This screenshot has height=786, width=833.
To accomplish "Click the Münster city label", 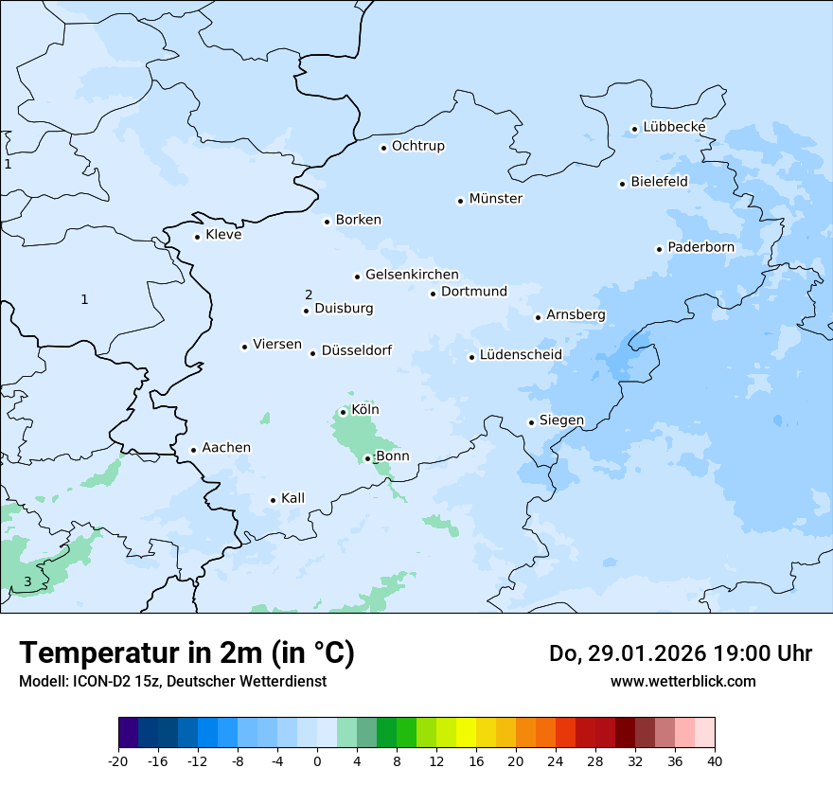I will click(495, 199).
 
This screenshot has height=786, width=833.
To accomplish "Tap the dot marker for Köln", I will click(343, 412).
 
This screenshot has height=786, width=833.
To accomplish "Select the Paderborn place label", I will click(700, 247).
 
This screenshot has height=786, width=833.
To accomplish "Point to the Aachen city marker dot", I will click(193, 450).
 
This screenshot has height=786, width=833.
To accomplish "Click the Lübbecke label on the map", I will click(674, 127).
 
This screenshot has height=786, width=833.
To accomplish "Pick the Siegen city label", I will click(561, 420).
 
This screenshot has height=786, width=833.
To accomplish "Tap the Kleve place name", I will click(223, 235).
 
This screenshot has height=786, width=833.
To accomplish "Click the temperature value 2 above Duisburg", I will click(309, 295).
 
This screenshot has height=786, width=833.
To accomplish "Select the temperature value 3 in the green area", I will click(27, 581).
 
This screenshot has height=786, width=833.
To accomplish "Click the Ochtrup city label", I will click(417, 146).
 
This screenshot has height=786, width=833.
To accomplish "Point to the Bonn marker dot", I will click(367, 458).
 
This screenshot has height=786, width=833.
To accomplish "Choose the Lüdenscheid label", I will click(521, 355).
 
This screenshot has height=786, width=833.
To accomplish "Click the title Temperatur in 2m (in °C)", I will click(186, 653).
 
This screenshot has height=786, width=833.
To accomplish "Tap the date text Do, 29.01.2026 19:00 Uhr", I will click(680, 653).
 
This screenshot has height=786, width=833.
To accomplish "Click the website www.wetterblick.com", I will click(682, 681).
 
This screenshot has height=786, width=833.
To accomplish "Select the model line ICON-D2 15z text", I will click(172, 681).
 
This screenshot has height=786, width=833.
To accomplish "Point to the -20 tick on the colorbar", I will click(118, 761).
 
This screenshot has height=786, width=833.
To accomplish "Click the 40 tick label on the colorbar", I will click(715, 761).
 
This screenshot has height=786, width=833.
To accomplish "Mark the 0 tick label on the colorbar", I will click(317, 761).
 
